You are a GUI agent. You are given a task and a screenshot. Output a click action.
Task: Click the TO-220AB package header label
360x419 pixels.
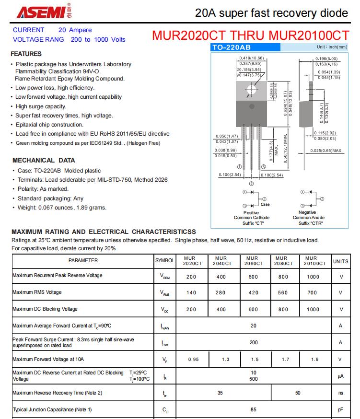(232, 47)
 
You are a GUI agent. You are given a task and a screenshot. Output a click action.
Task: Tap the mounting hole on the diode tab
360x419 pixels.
(251, 90)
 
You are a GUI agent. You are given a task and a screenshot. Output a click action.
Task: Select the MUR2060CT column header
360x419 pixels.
(254, 261)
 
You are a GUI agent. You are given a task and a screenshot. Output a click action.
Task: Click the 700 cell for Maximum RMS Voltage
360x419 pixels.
(312, 292)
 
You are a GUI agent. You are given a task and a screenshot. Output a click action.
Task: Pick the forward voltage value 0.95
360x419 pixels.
(193, 360)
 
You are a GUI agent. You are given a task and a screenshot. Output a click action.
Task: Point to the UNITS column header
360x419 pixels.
(341, 261)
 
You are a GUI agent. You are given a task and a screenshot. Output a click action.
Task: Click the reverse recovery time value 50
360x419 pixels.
(298, 393)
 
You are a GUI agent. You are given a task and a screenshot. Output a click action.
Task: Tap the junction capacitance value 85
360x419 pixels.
(253, 410)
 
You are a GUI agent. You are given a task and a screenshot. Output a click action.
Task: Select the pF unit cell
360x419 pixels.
(341, 410)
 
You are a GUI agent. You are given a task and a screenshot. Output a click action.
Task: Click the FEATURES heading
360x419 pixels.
(26, 54)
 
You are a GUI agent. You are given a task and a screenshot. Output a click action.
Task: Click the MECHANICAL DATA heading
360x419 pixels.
(44, 161)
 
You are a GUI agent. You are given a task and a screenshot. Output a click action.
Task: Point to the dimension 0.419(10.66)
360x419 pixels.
(251, 58)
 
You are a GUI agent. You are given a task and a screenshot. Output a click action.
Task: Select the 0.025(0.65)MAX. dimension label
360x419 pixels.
(326, 151)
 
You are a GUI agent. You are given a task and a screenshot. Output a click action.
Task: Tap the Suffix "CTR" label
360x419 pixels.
(311, 223)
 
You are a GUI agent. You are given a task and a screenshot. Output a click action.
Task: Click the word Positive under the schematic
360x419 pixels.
(251, 212)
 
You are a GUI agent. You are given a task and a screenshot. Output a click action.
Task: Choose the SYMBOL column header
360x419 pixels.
(165, 261)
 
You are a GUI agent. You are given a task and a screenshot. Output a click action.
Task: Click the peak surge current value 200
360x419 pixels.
(253, 343)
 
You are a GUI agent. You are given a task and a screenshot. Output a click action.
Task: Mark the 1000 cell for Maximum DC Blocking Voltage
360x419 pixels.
(313, 309)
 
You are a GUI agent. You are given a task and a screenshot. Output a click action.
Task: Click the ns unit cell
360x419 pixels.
(341, 393)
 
